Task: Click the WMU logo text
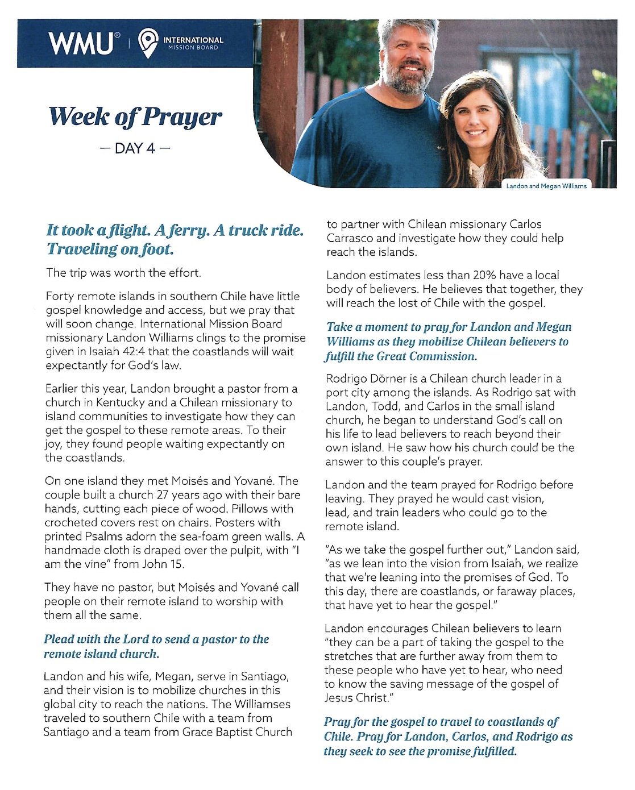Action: [x=81, y=44]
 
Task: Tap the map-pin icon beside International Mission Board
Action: [x=148, y=43]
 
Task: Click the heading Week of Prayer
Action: [x=135, y=117]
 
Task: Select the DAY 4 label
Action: [x=134, y=149]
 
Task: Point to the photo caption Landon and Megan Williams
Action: [x=546, y=186]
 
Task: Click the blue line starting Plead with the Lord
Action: [x=156, y=639]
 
